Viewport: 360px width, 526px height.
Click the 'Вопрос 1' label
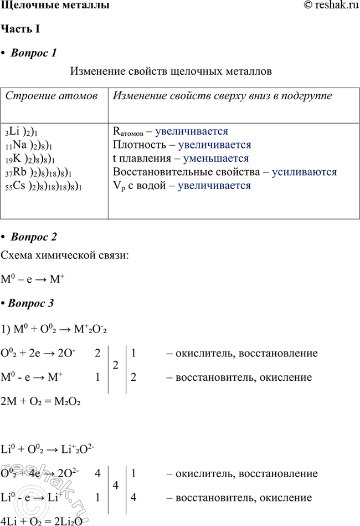click(34, 54)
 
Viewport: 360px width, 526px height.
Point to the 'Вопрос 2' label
click(34, 237)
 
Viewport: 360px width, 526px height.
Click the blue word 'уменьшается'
click(202, 159)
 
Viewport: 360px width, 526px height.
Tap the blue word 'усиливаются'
click(304, 172)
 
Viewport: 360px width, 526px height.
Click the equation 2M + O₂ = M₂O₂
click(42, 401)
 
